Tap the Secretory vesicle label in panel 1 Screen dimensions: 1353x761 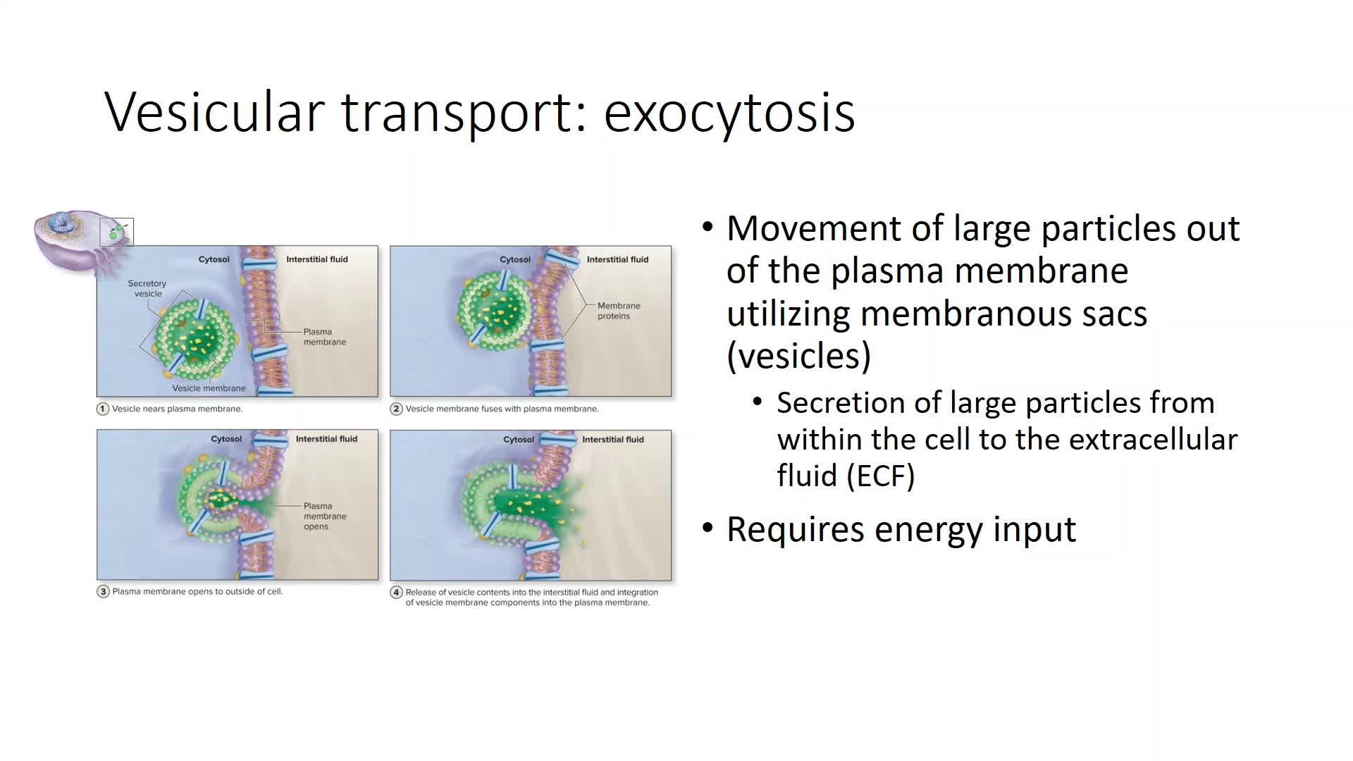147,288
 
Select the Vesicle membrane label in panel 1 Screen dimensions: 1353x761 209,388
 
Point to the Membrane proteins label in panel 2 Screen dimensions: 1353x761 619,311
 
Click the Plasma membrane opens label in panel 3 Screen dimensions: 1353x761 325,516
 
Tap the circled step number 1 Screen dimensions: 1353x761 103,409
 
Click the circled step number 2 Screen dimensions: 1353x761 397,409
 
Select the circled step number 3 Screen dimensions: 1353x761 103,592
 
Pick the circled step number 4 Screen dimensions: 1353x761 397,593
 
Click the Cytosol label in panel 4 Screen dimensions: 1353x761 519,440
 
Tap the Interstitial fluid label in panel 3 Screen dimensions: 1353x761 326,439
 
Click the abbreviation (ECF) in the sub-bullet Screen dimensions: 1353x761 881,476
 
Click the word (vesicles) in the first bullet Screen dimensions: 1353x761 799,355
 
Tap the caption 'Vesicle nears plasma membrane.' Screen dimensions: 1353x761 177,409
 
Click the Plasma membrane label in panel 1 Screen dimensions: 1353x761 325,337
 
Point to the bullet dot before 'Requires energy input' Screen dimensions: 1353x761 708,528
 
